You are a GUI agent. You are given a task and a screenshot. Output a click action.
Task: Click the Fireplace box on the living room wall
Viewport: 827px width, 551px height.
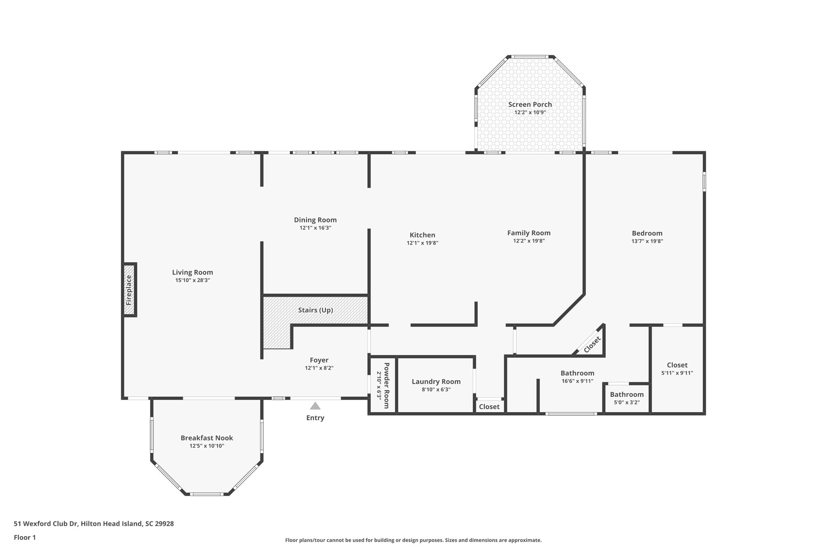pos(129,290)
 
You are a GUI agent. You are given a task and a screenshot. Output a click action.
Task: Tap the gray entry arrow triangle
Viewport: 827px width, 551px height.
pos(315,406)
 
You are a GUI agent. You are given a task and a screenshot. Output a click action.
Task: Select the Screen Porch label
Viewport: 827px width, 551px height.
pos(530,105)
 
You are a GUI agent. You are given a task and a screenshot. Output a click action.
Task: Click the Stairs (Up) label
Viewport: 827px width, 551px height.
pos(315,310)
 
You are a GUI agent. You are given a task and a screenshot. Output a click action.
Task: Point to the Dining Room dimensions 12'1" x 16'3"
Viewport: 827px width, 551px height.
pos(315,228)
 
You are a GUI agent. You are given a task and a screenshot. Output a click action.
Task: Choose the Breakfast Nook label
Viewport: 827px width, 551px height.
pos(207,438)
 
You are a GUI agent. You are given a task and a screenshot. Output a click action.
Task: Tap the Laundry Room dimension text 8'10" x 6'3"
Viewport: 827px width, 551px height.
pos(436,390)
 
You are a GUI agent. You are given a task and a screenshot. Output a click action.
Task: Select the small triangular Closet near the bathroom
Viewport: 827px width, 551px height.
pos(592,344)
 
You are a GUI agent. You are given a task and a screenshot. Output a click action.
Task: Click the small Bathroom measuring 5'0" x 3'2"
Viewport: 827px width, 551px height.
pos(627,398)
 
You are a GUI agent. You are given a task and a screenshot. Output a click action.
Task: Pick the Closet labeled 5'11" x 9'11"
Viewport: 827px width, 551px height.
pos(677,369)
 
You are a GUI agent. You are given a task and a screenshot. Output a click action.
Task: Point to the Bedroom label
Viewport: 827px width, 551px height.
pos(647,233)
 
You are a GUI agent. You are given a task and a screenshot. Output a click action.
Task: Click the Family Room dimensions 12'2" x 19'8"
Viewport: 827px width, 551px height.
pos(529,241)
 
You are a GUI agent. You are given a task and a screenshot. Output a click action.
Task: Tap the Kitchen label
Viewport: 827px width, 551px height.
pos(422,235)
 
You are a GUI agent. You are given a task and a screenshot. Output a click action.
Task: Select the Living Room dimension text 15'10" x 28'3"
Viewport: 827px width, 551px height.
pos(193,280)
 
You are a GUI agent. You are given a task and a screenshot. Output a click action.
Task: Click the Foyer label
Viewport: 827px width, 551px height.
pos(319,360)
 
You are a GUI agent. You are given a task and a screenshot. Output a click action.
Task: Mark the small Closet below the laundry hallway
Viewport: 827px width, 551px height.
pos(489,406)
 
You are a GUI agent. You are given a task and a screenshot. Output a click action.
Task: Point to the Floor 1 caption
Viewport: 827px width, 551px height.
pos(25,537)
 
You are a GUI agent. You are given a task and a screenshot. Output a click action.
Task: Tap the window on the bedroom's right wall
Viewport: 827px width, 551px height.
pos(704,182)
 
